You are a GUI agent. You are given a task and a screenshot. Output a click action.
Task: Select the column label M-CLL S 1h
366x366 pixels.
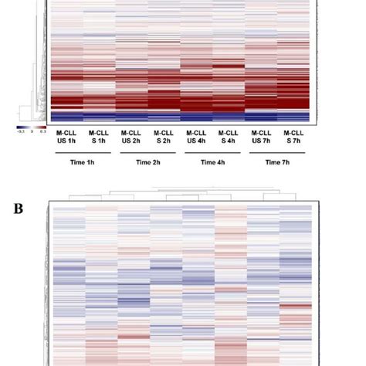98,137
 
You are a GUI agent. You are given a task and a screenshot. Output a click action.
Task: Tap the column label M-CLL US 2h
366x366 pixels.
130,137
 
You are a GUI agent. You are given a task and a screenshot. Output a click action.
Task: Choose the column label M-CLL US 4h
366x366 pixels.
195,137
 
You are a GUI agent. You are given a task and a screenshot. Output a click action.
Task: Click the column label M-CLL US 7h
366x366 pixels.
260,137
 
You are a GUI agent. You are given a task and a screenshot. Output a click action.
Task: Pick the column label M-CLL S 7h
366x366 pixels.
293,137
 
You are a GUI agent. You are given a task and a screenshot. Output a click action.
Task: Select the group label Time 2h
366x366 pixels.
147,163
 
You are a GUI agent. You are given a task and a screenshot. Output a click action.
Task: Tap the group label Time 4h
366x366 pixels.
212,163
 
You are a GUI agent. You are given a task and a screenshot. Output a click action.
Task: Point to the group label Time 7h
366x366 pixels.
276,163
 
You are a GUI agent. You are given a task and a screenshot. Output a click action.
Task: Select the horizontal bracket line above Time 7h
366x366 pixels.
276,154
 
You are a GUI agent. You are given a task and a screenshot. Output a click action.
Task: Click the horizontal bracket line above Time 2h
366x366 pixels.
147,154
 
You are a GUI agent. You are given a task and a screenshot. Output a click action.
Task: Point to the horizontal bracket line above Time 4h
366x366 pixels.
212,154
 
